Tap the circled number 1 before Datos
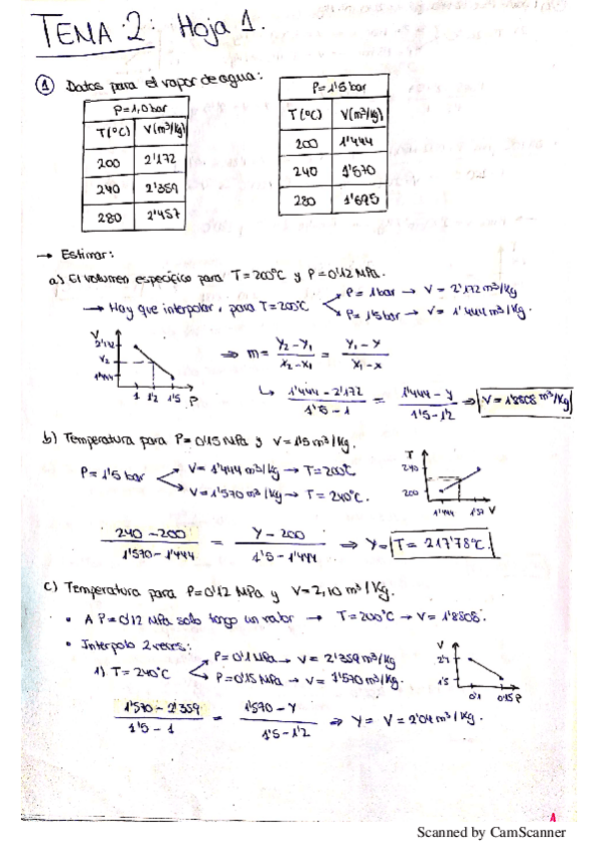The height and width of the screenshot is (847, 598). (46, 88)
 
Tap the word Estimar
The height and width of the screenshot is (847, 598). (86, 254)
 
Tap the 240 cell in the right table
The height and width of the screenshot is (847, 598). (304, 172)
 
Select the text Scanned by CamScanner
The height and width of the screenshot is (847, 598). (491, 831)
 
